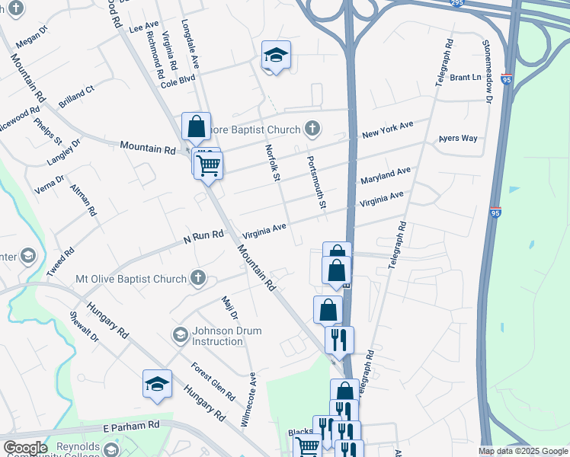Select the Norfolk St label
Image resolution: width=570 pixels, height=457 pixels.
point(271,163)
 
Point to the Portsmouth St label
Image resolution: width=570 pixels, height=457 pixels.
point(316,184)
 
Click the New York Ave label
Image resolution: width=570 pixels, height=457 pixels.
point(387,129)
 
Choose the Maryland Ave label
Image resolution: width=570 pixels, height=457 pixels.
point(386,176)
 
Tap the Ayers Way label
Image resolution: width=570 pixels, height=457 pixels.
point(457,139)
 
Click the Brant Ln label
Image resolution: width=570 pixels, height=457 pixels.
point(466,77)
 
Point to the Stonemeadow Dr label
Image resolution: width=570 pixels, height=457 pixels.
point(488,68)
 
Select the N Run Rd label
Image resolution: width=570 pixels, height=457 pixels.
point(203,238)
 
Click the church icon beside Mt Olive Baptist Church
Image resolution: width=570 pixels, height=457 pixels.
point(198,278)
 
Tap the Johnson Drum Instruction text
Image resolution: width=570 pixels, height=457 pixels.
point(227,336)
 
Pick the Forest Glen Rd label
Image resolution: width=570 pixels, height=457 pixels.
point(213,381)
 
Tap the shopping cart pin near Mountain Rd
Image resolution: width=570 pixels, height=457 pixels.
point(209,165)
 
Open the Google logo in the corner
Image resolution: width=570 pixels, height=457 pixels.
point(25,448)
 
